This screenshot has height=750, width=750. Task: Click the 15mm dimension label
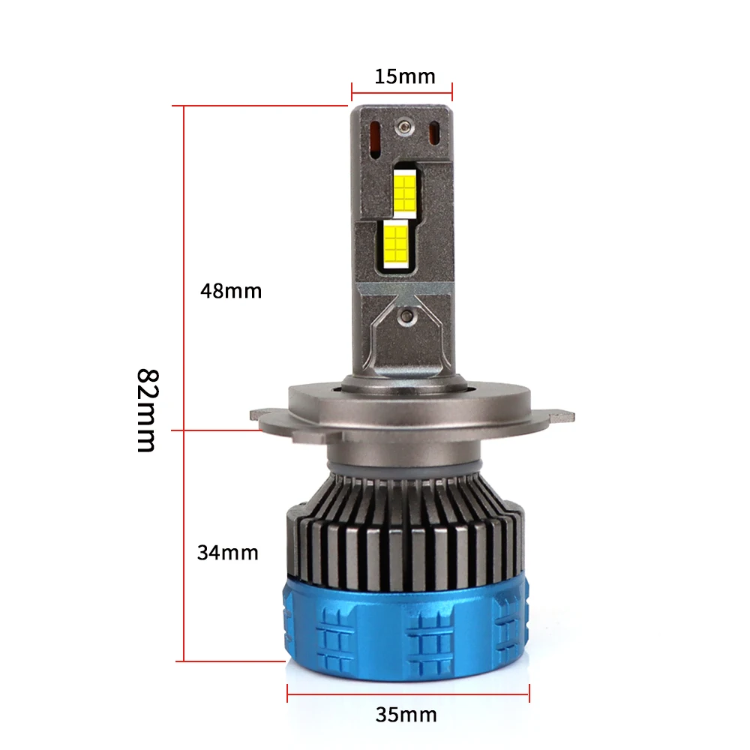tap(405, 76)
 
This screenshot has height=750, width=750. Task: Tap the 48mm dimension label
tap(231, 291)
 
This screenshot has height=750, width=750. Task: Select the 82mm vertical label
tap(147, 410)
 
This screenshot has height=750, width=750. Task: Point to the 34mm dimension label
tap(228, 553)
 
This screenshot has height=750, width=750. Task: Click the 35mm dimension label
tap(406, 715)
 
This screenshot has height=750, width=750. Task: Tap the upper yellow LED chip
tap(405, 193)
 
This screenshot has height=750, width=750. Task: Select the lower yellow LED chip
tap(396, 244)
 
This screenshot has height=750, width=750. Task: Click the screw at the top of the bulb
tap(404, 127)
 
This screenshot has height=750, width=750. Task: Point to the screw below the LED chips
tap(407, 316)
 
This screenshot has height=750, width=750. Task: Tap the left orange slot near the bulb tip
tap(375, 139)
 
